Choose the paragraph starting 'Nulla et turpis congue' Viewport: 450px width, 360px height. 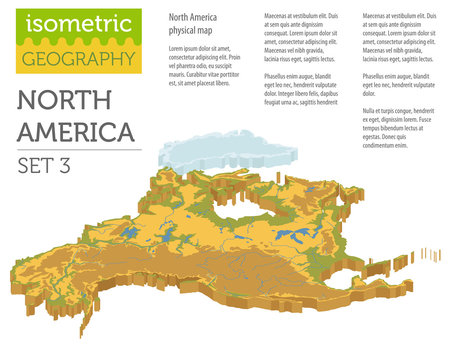click(x=399, y=129)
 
